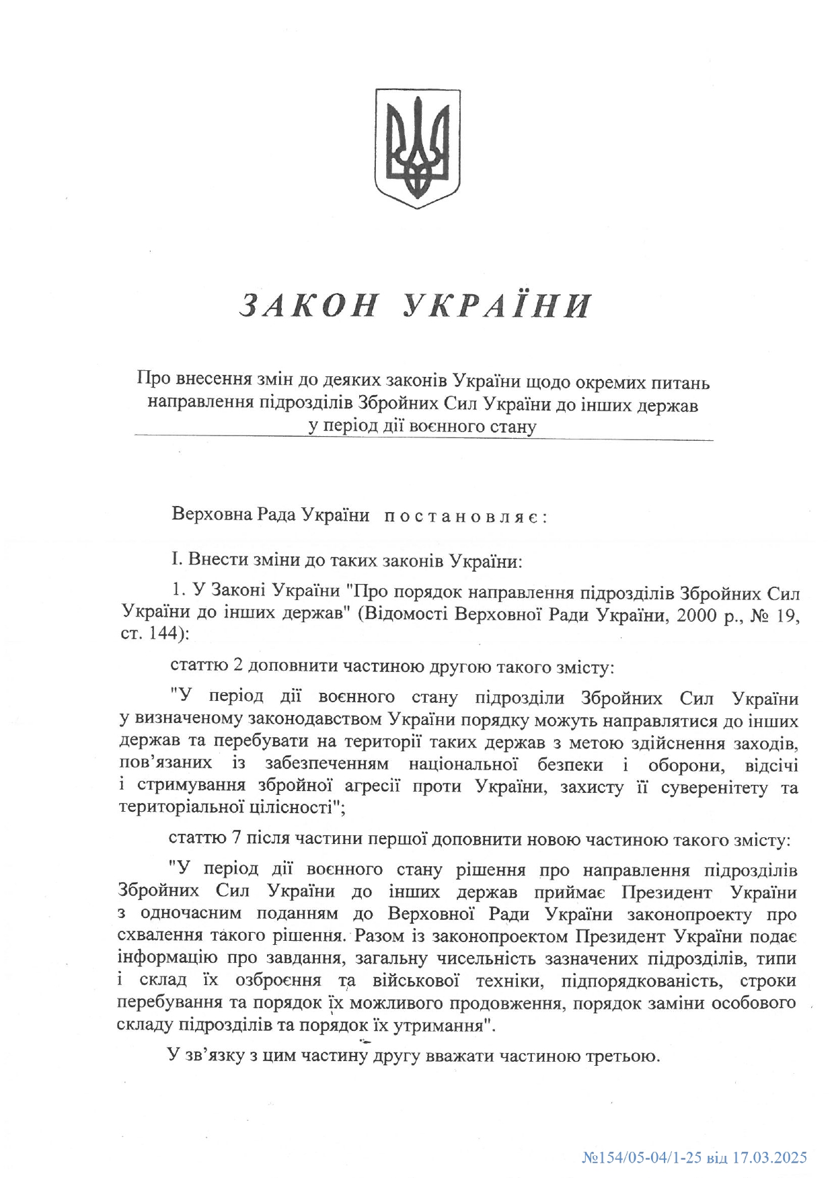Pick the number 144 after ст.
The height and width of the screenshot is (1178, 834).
pos(159,633)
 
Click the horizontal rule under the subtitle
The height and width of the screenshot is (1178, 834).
pos(424,439)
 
